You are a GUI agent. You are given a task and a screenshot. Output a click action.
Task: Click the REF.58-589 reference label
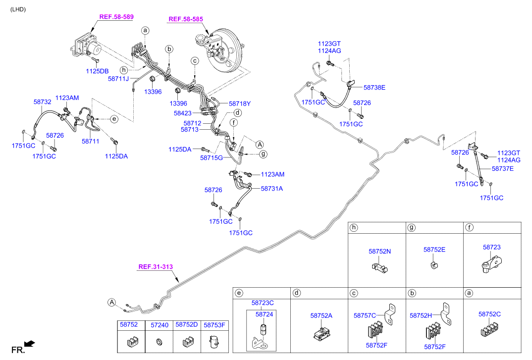[x=116, y=17]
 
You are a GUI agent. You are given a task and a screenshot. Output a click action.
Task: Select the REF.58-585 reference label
[x=186, y=19]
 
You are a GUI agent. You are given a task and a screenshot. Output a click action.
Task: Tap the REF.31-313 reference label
[x=156, y=267]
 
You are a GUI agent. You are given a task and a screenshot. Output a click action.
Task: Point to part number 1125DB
[x=97, y=71]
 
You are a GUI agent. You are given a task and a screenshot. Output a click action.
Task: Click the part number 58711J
[x=118, y=79]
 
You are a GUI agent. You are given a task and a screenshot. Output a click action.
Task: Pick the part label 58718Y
[x=240, y=104]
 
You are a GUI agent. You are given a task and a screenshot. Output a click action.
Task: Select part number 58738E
[x=374, y=88]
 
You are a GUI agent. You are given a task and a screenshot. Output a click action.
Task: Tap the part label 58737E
[x=502, y=169]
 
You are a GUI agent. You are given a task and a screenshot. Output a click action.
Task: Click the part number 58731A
[x=272, y=189]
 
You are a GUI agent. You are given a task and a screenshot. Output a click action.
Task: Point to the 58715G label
[x=212, y=158]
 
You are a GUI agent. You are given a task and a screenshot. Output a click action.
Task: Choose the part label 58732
[x=43, y=102]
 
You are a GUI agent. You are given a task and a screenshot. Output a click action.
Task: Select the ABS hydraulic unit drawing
[x=86, y=46]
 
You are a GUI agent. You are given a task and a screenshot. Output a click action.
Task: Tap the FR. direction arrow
[x=30, y=344]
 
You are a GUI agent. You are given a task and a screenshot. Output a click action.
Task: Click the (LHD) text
[x=18, y=9]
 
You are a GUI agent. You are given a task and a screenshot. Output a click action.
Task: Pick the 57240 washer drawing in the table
[x=159, y=342]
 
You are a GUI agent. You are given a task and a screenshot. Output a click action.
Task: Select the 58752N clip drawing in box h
[x=379, y=268]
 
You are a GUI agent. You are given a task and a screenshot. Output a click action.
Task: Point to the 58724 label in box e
[x=265, y=314]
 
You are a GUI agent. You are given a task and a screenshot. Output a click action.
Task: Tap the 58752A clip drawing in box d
[x=322, y=333]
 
